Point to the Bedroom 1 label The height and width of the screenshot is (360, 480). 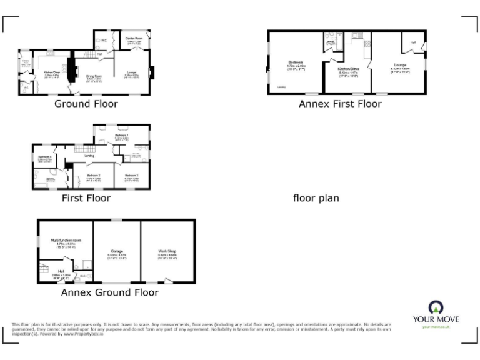[x=122, y=135]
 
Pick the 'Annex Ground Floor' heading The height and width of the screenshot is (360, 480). [x=109, y=292]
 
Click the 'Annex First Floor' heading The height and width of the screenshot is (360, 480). [x=339, y=104]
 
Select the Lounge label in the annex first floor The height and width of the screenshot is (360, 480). [x=399, y=65]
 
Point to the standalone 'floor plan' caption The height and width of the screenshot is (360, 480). [x=316, y=198]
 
